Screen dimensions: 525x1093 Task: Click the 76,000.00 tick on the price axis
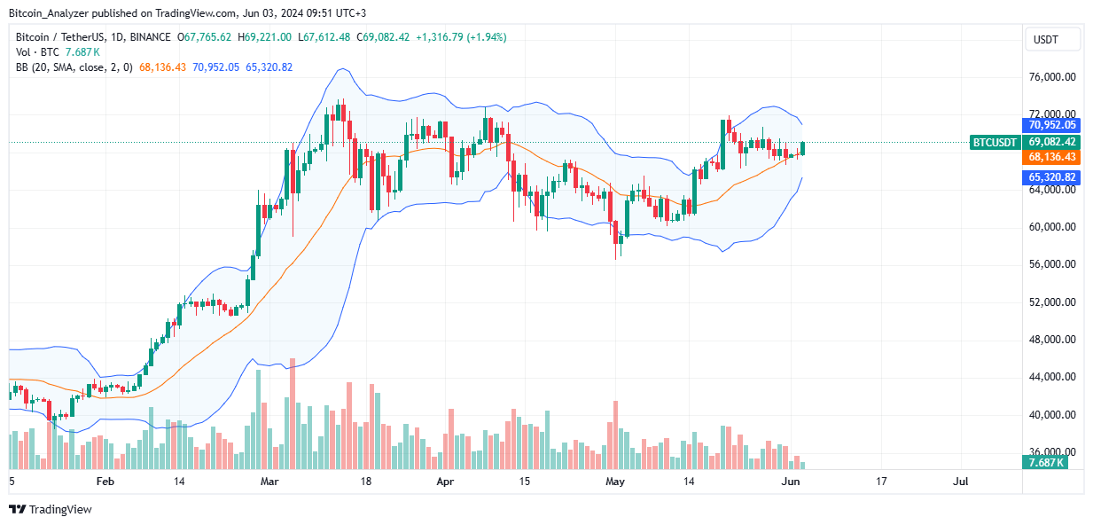coord(1051,77)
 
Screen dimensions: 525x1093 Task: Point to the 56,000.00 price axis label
coord(1051,264)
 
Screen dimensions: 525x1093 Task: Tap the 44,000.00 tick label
coord(1051,377)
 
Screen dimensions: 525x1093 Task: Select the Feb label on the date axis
coord(105,482)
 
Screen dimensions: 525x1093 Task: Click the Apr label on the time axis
coord(445,482)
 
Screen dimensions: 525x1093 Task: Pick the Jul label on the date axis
coord(960,482)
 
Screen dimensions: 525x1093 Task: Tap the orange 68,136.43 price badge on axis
coord(1051,156)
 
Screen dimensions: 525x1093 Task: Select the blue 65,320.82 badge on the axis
coord(1051,177)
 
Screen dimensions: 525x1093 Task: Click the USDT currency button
coord(1052,39)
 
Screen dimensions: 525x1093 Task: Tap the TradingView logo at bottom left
coord(51,509)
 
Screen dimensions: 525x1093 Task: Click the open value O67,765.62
coord(205,37)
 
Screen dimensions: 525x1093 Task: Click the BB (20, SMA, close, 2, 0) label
coord(74,67)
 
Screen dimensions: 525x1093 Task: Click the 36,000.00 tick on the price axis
coord(1051,451)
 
